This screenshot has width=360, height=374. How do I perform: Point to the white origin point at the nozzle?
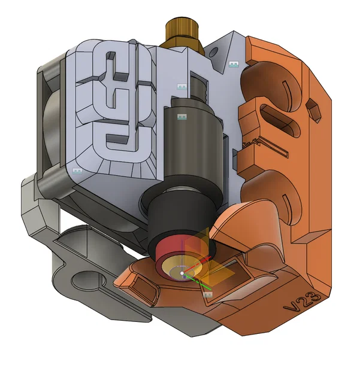(x=182, y=273)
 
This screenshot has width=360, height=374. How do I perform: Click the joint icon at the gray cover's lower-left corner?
(x=77, y=171)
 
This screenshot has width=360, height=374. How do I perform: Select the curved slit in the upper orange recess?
(x=288, y=89)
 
